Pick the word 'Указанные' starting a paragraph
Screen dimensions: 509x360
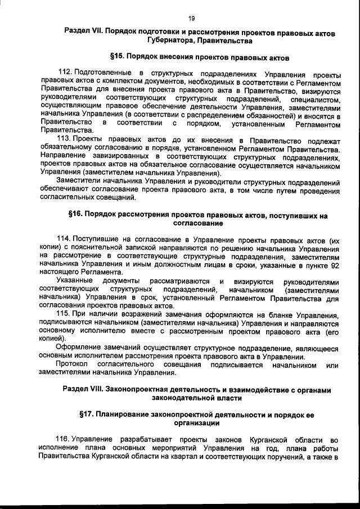pyautogui.click(x=74, y=281)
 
